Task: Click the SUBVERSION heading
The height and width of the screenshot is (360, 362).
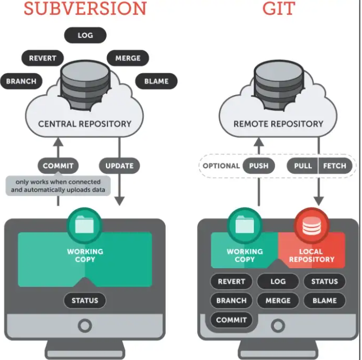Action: [85, 8]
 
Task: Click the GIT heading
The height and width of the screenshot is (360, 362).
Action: [278, 8]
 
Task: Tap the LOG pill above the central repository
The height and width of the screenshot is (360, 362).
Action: [85, 35]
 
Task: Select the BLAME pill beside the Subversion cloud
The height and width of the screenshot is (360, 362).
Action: [156, 81]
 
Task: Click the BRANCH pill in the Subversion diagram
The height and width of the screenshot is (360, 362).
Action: [21, 81]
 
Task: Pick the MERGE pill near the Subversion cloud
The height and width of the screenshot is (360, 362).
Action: [128, 58]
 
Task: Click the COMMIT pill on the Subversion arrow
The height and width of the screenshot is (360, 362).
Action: [58, 166]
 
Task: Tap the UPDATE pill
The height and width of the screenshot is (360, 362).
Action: [120, 166]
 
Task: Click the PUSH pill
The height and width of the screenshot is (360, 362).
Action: [259, 166]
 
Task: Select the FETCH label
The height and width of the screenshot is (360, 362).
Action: [335, 166]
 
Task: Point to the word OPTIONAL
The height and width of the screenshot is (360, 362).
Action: [221, 166]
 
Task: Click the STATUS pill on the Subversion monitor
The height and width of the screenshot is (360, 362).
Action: [85, 300]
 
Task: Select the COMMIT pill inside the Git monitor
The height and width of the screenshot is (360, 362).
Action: [232, 320]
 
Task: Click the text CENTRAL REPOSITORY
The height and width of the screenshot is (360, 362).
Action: [85, 124]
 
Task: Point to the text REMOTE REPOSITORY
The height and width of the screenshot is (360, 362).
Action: [278, 124]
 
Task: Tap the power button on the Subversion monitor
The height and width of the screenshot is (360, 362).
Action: [85, 326]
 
